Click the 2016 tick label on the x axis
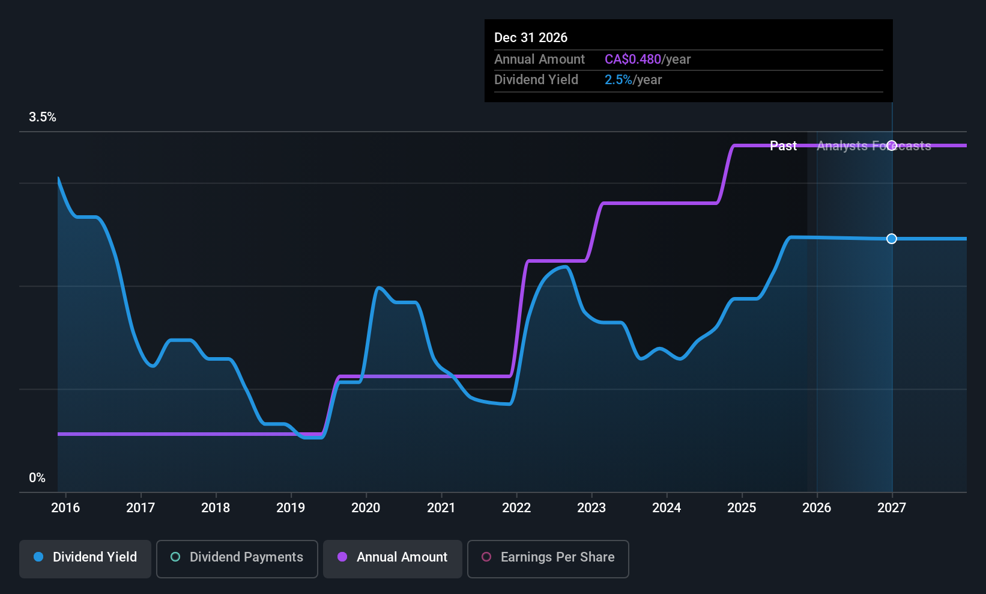(65, 508)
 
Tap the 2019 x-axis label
(291, 508)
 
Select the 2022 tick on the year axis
(516, 508)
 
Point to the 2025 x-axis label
(742, 508)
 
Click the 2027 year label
(892, 508)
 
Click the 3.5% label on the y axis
(43, 117)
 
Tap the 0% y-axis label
(37, 478)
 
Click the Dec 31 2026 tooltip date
(531, 38)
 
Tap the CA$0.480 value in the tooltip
(632, 60)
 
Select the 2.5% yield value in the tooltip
(618, 80)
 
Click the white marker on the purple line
(892, 145)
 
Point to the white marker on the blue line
(892, 239)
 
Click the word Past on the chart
(783, 146)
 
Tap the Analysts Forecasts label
(874, 146)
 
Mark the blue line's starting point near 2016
(58, 178)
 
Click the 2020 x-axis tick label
(366, 508)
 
